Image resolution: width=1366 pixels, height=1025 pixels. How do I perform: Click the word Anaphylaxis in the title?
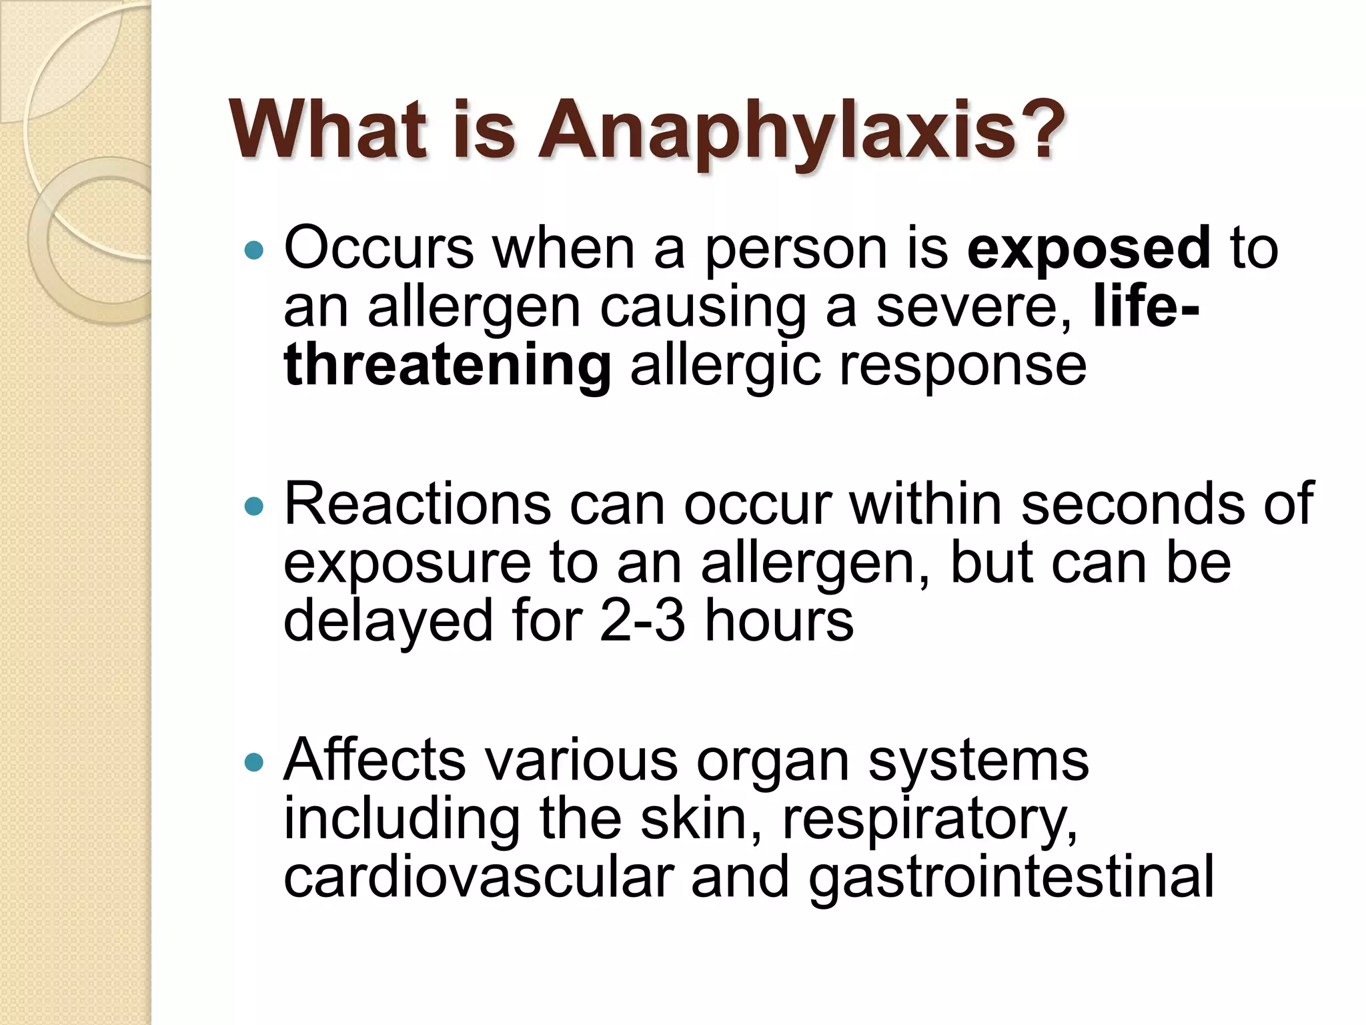pos(800,130)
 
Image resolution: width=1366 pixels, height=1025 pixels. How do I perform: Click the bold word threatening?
pos(447,366)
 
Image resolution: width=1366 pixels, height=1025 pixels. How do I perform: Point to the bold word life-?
pos(1146,308)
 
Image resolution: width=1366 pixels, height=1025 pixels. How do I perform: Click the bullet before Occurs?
pos(254,251)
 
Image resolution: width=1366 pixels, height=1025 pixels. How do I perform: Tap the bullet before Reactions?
pos(254,506)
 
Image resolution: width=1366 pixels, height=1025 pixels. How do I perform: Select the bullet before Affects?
pos(254,762)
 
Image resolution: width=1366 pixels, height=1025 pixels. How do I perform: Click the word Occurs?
pos(378,249)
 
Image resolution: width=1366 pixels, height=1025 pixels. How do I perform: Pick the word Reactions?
pos(418,504)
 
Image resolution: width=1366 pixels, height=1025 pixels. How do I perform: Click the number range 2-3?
pos(642,621)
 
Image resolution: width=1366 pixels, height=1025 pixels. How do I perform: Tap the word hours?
pos(778,621)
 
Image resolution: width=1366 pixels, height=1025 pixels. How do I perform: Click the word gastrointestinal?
pos(1011,878)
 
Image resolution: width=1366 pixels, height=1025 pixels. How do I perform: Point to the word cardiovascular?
pos(478,878)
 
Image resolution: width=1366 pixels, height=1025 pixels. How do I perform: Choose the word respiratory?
pos(929,821)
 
